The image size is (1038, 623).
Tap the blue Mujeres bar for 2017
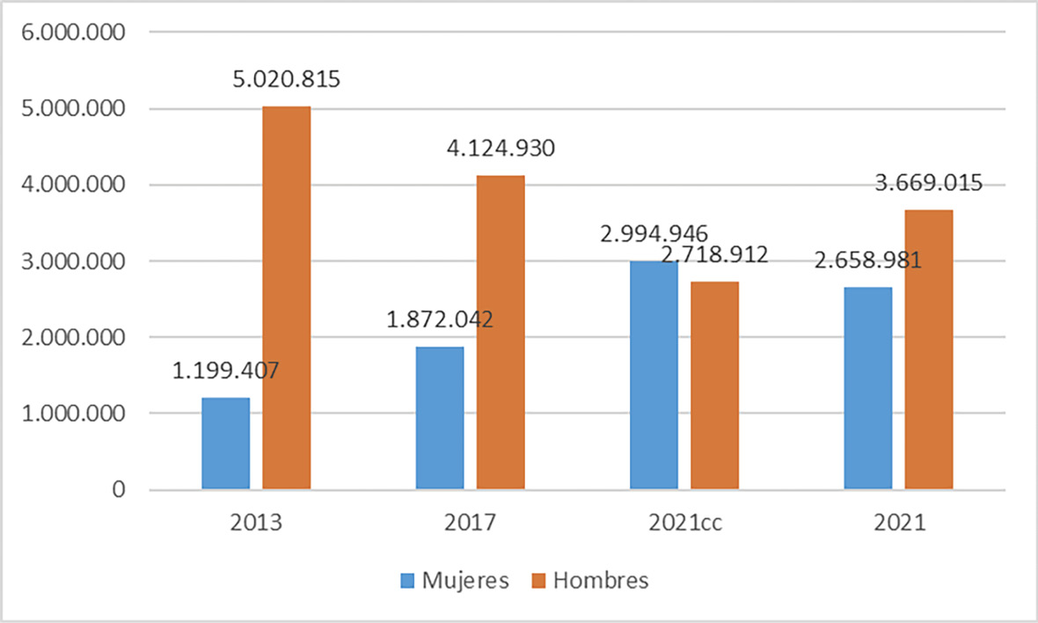coord(440,417)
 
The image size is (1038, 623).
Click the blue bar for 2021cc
coord(654,375)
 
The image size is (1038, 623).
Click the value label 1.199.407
coord(225,371)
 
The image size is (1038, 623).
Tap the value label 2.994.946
coord(654,234)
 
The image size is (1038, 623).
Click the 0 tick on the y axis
coord(116,489)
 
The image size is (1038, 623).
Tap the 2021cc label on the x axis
coord(684,524)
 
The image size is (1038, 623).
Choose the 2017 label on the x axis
coord(470,524)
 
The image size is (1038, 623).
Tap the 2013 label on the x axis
coord(256,524)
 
